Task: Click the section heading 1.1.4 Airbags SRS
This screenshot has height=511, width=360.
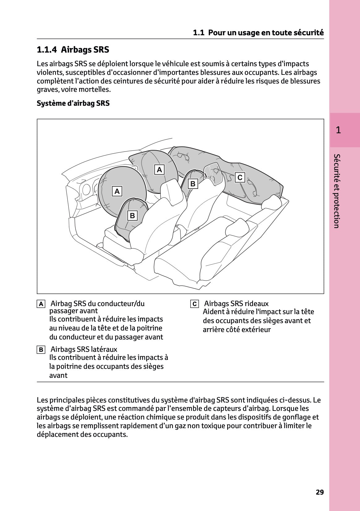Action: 73,50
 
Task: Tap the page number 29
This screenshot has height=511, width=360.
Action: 320,492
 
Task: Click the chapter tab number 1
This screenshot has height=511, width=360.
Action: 338,130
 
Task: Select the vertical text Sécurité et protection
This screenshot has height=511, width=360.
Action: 337,191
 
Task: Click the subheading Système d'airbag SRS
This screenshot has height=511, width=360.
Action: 73,103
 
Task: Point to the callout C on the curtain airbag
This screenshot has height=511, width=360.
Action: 240,177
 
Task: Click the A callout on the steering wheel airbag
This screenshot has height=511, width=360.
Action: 117,191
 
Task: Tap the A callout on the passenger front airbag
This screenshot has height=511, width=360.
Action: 159,169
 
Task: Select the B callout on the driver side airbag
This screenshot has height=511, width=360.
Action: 132,215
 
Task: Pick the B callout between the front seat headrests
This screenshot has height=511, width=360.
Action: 193,184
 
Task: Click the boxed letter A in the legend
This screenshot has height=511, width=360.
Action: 40,304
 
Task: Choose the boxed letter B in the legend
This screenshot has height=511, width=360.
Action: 40,350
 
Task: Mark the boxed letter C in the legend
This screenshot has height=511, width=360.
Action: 194,304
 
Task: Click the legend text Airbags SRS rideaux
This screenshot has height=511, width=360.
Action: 236,304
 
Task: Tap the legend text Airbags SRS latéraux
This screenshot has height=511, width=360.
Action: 84,349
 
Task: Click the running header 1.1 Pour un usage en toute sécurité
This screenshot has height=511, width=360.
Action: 258,32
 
